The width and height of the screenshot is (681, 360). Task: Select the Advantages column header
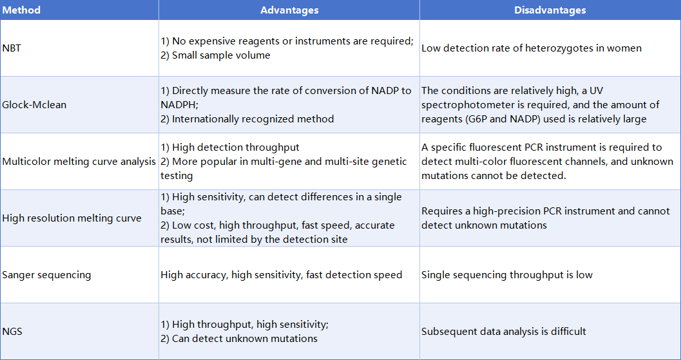tap(289, 10)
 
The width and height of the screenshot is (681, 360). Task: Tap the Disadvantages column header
tap(550, 10)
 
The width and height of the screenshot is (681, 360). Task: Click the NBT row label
tap(12, 48)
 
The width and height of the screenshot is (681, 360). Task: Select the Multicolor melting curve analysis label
tap(79, 161)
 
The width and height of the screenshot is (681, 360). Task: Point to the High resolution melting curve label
tap(72, 218)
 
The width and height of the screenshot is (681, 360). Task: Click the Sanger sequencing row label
tap(46, 275)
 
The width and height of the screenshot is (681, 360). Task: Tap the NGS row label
tap(12, 332)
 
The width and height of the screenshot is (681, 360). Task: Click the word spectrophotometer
tap(468, 104)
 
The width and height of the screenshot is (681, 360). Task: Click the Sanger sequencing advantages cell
tap(281, 275)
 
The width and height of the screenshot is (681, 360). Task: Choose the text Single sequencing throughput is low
tap(507, 275)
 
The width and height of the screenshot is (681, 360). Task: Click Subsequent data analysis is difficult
tap(504, 332)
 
